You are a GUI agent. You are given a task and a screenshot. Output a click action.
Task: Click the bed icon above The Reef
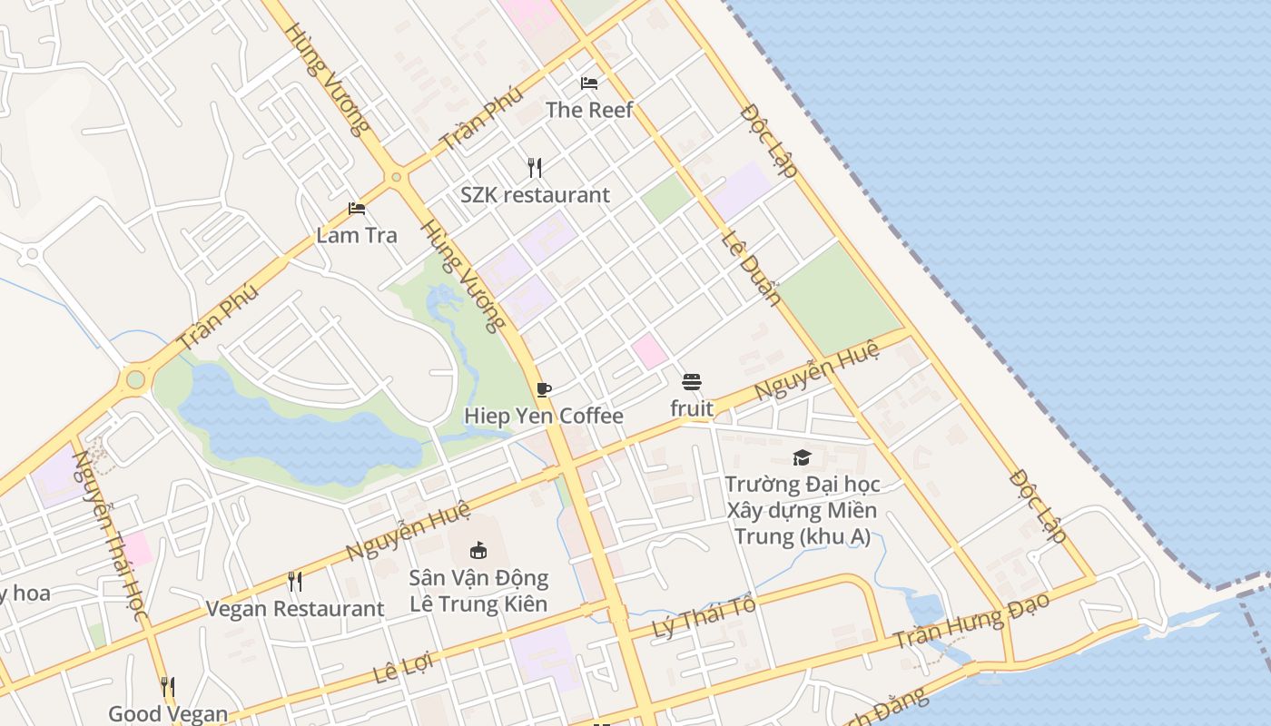point(589,83)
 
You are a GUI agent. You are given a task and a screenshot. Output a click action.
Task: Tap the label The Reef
point(589,110)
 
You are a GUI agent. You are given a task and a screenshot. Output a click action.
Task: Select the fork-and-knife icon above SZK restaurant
point(535,168)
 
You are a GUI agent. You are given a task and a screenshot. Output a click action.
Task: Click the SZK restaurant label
point(535,195)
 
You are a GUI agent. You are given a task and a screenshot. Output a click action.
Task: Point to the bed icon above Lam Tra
point(357,210)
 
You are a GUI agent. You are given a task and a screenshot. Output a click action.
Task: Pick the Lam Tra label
point(357,236)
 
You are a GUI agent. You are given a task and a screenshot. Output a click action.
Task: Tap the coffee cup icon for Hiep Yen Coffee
point(544,390)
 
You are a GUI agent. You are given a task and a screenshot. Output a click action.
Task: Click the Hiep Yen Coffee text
point(544,417)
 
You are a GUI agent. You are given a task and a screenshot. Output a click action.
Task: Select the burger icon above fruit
point(692,382)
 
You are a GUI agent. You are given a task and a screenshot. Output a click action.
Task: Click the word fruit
point(692,409)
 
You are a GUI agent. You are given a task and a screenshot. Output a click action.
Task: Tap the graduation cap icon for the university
point(802,458)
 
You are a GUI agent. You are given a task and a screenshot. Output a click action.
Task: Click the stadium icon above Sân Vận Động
point(478,550)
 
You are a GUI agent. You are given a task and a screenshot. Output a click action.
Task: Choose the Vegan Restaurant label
point(295,609)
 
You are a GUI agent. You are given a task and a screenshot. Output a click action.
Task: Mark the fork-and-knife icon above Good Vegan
point(168,686)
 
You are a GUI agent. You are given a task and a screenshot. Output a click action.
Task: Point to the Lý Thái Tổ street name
point(704,619)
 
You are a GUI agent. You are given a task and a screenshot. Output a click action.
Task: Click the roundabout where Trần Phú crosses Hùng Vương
point(396,177)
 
